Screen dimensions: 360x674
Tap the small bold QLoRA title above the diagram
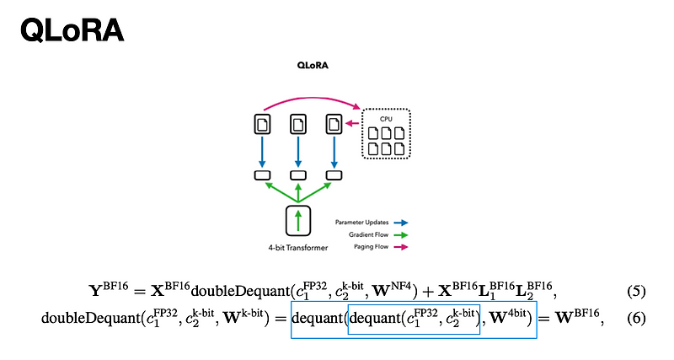pyautogui.click(x=313, y=65)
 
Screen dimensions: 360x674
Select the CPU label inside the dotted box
pyautogui.click(x=386, y=119)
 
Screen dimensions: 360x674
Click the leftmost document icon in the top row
pyautogui.click(x=261, y=124)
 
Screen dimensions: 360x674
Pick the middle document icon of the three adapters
pyautogui.click(x=298, y=124)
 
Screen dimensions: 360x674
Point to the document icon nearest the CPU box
pyautogui.click(x=334, y=124)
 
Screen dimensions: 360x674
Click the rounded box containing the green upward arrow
pyautogui.click(x=298, y=221)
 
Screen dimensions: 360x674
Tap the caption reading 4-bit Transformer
pyautogui.click(x=298, y=248)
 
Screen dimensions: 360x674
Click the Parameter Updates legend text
pyautogui.click(x=361, y=223)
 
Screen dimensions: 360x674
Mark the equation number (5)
pyautogui.click(x=636, y=293)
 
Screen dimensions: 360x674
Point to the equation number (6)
pyautogui.click(x=636, y=319)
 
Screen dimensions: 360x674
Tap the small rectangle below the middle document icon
pyautogui.click(x=298, y=175)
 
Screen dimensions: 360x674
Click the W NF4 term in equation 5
pyautogui.click(x=388, y=291)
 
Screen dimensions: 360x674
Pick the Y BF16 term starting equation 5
pyautogui.click(x=108, y=292)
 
